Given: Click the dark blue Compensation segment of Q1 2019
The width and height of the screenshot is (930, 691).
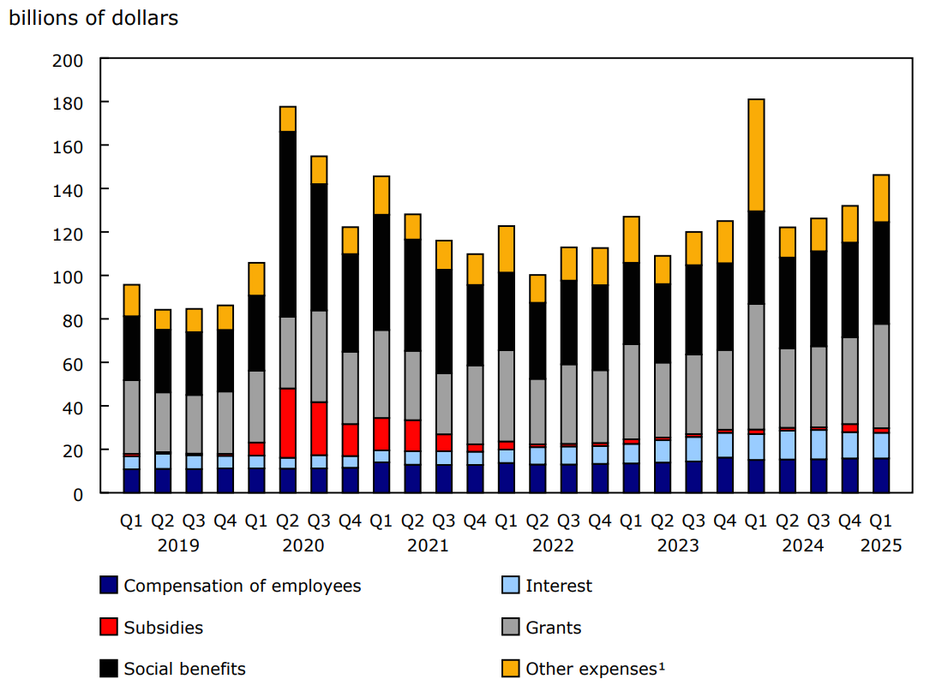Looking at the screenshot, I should [131, 480].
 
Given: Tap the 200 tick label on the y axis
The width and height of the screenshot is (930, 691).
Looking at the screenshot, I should [69, 61].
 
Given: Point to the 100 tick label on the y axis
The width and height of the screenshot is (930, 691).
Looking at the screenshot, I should [69, 277].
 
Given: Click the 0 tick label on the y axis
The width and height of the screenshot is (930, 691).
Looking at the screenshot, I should [78, 494].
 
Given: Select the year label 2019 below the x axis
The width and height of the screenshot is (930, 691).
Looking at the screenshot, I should [178, 545].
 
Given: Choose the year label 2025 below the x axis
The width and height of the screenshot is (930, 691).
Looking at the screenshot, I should [881, 545].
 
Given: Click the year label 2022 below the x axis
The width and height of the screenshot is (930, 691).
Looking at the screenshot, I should [553, 545].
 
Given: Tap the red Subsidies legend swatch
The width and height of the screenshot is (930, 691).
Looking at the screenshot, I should [109, 628].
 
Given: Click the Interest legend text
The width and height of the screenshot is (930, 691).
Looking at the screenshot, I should [558, 587].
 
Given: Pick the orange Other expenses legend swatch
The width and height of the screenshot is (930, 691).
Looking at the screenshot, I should [510, 669].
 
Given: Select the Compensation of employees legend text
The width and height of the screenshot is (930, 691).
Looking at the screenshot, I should [242, 587].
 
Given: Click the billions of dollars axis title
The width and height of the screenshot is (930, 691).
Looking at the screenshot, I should [93, 18].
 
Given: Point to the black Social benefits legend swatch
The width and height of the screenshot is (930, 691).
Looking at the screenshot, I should [109, 669].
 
